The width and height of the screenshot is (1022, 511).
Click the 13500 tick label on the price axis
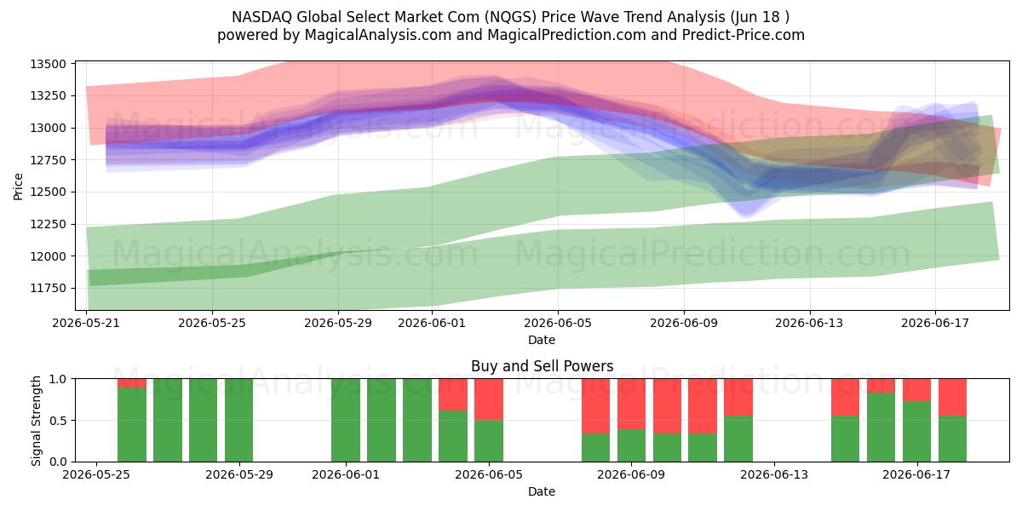(x=48, y=64)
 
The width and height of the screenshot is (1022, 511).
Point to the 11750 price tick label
(x=48, y=289)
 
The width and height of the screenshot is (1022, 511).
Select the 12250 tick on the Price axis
(x=48, y=224)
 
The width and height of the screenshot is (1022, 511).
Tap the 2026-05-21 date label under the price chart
(x=86, y=324)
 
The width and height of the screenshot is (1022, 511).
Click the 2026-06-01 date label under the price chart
(x=432, y=324)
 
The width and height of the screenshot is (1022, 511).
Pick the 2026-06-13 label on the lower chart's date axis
(x=774, y=475)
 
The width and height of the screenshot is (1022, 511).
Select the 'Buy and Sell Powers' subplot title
(x=542, y=366)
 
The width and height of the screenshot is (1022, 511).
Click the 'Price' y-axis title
(x=18, y=187)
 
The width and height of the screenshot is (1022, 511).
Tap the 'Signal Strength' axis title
(x=36, y=421)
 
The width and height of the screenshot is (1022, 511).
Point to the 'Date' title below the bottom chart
(x=542, y=491)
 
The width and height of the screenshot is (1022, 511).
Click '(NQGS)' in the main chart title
(x=510, y=17)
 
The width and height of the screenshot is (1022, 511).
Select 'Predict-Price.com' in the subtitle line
(x=744, y=35)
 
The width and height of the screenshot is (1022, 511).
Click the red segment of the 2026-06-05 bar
(x=489, y=399)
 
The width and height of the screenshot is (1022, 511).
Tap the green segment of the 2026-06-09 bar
(x=631, y=445)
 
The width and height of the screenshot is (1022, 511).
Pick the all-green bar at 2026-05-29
(x=238, y=420)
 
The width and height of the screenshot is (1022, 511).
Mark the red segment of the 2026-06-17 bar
(x=916, y=390)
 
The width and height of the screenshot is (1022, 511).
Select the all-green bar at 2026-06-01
(x=346, y=420)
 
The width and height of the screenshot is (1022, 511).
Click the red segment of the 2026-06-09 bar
(x=631, y=405)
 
